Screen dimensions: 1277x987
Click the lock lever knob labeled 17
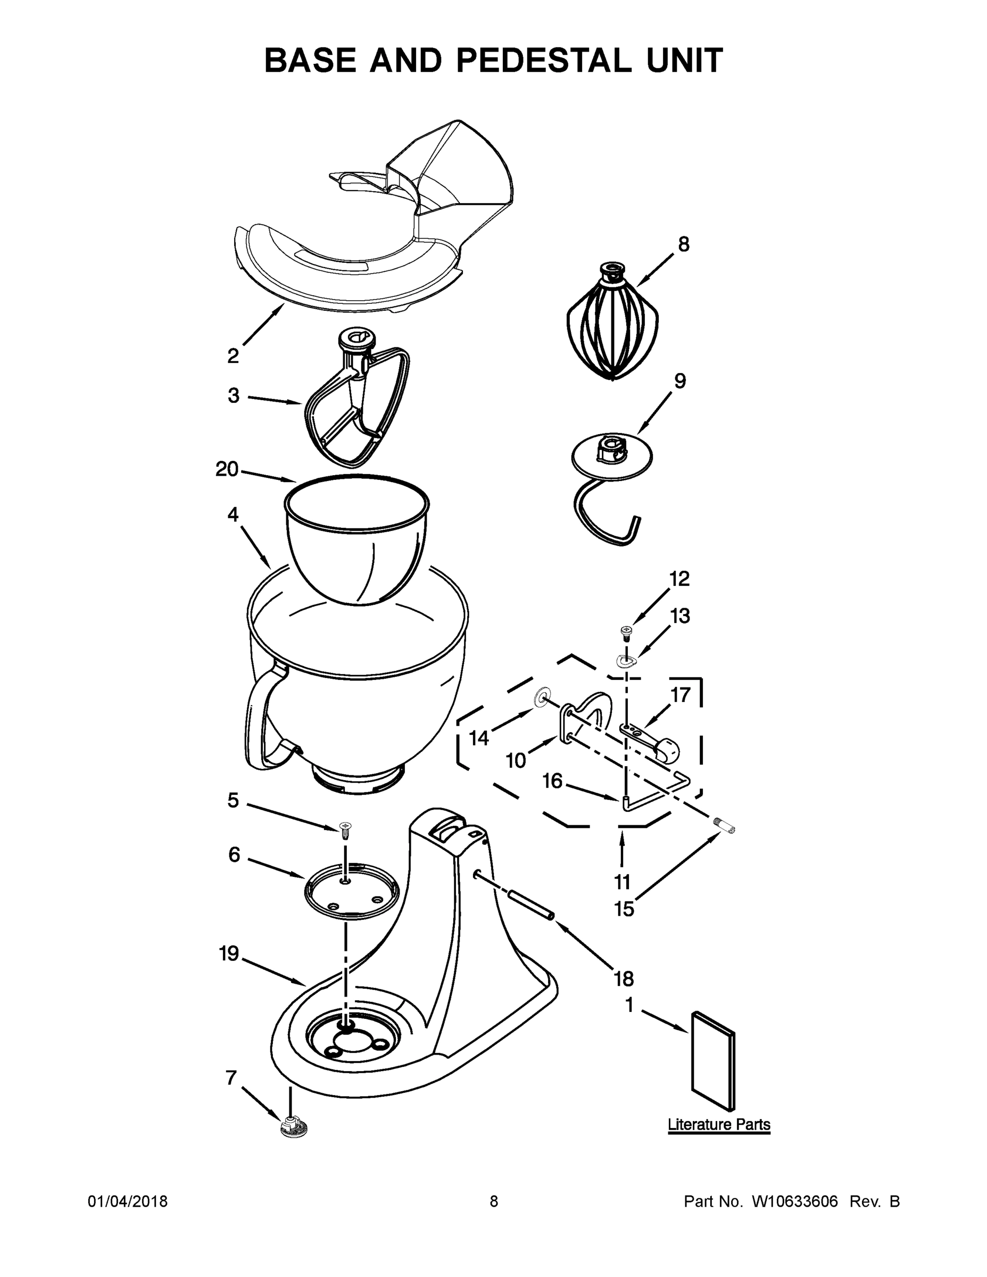pos(667,749)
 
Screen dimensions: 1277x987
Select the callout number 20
pos(227,469)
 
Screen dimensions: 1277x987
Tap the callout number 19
pos(229,953)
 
